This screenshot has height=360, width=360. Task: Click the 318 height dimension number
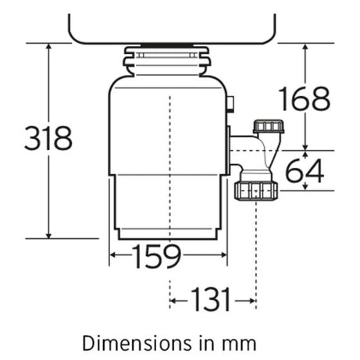coord(48,138)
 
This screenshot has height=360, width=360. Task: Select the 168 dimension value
coord(305,98)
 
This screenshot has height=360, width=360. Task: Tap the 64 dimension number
coord(305,171)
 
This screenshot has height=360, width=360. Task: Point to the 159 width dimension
coord(156,256)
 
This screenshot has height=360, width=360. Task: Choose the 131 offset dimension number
coord(211,299)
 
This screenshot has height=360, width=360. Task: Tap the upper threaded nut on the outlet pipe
coord(269,127)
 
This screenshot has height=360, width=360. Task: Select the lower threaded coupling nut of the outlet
coord(256,191)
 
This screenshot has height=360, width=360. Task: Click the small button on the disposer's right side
coord(230,104)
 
